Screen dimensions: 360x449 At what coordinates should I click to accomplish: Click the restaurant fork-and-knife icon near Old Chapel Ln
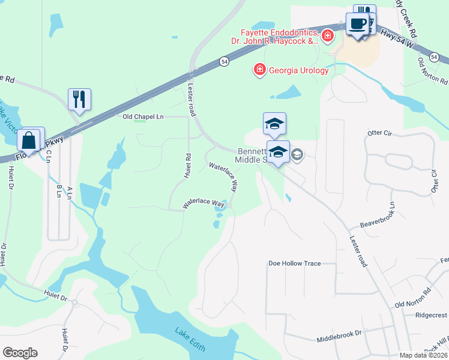pos(79,99)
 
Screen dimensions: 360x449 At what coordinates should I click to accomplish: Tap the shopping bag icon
pos(28,140)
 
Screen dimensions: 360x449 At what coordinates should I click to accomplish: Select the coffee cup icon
pos(357,25)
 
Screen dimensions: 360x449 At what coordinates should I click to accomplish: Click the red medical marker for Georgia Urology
pos(260,70)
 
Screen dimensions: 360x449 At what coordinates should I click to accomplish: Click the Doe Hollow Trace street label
pos(294,263)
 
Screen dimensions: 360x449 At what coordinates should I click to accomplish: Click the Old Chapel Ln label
pos(143,116)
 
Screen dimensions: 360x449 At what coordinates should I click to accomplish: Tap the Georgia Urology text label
pos(298,70)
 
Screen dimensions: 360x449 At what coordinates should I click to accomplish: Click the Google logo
pos(20,353)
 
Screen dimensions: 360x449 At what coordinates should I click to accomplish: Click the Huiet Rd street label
pos(188,166)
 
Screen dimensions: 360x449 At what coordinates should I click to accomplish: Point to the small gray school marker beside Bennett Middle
pos(297,155)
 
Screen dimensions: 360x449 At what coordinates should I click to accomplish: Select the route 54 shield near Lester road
pos(223,61)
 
